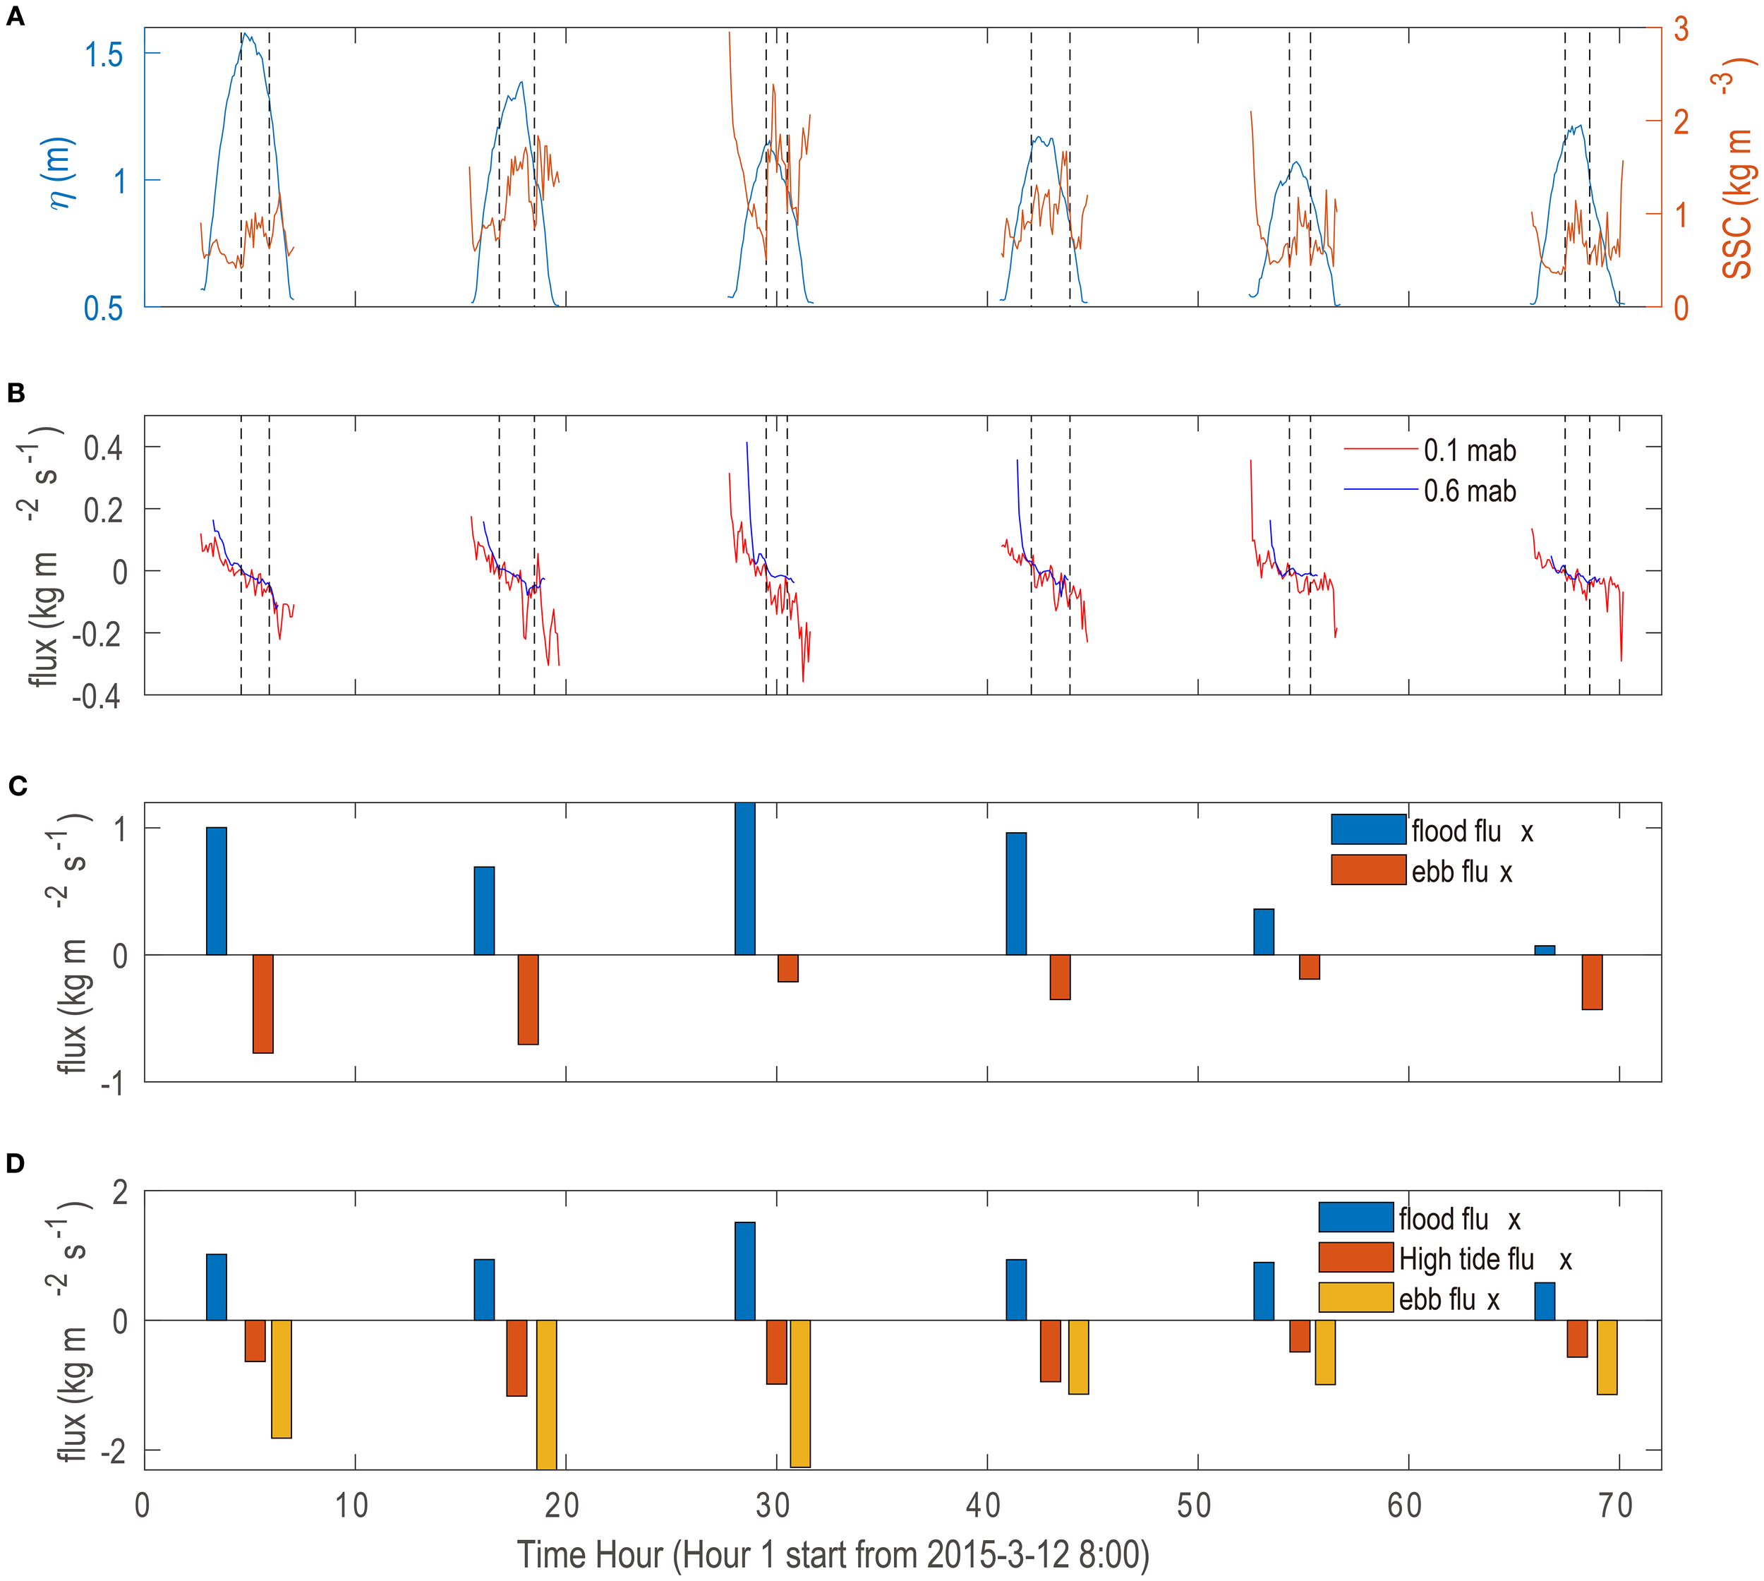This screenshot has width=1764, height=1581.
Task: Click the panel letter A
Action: (15, 18)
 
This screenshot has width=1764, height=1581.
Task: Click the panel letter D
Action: (15, 1164)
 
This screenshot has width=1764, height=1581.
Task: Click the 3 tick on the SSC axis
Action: (1681, 29)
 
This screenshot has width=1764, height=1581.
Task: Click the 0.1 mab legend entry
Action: (1468, 451)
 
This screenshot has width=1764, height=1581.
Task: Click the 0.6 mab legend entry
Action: (1468, 492)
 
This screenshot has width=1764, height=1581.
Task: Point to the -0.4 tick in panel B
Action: (95, 696)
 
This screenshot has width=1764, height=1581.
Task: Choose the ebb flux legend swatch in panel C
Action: (1368, 870)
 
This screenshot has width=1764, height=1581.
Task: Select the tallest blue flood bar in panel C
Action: (744, 879)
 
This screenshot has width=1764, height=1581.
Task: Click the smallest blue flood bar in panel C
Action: (1545, 950)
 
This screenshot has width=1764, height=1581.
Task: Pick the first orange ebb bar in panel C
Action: (262, 1004)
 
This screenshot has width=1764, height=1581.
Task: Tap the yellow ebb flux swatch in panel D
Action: (1355, 1298)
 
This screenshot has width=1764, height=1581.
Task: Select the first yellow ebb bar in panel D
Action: (281, 1378)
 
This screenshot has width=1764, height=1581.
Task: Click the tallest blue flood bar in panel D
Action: (744, 1271)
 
